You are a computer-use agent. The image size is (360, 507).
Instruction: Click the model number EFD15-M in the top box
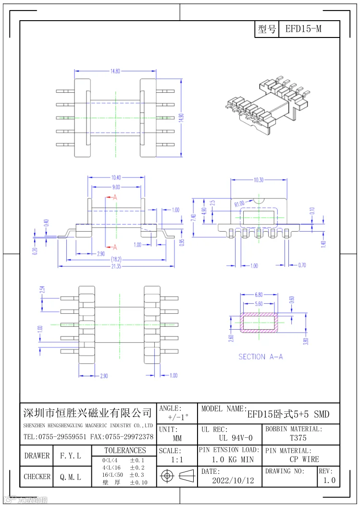point(303,29)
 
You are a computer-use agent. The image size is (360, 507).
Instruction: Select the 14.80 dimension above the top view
point(115,71)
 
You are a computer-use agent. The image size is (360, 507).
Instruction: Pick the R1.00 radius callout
point(239,204)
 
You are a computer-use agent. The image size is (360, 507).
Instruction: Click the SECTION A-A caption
point(261,357)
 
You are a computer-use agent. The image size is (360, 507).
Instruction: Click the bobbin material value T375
point(298,438)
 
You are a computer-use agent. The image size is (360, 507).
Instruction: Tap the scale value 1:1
point(177,459)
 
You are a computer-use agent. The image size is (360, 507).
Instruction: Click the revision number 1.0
point(329,480)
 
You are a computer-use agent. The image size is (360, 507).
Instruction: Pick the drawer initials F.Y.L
point(70,456)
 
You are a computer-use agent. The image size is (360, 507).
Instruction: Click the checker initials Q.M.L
point(70,477)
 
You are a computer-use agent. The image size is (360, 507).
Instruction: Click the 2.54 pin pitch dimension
point(42,290)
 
